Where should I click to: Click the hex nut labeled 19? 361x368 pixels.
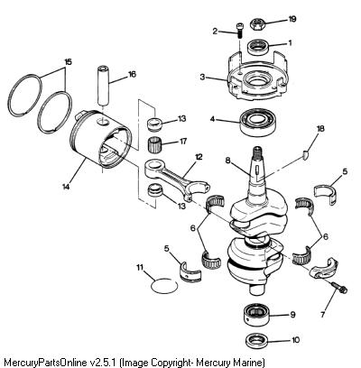(x=259, y=23)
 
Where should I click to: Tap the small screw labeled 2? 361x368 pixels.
(x=240, y=30)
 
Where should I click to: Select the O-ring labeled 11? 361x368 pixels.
(x=164, y=286)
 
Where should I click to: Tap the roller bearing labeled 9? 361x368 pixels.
(x=256, y=315)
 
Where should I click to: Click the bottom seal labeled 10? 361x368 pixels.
(x=256, y=340)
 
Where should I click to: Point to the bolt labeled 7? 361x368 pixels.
(x=339, y=287)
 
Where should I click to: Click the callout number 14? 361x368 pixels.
(x=66, y=187)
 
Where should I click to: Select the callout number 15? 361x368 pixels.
(x=69, y=62)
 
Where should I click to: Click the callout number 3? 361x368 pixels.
(x=202, y=77)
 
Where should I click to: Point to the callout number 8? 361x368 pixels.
(x=227, y=161)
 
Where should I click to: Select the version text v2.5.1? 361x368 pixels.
(x=103, y=362)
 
